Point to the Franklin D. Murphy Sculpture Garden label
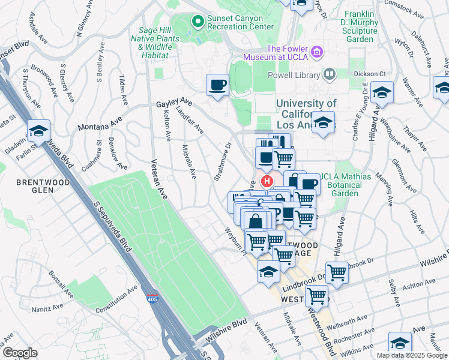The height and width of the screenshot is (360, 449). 362,26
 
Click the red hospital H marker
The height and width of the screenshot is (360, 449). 265,180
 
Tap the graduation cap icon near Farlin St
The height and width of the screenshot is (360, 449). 38,131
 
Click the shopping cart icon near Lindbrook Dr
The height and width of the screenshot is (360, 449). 337,273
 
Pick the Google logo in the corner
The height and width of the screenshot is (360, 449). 20,353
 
